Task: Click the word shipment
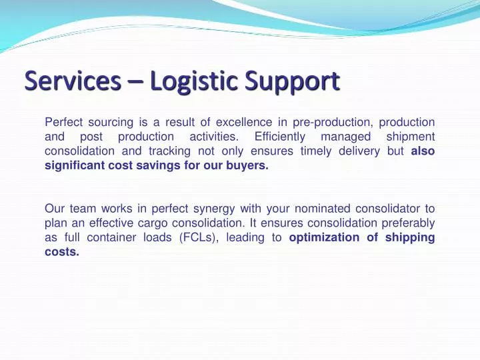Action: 411,137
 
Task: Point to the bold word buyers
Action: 250,166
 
